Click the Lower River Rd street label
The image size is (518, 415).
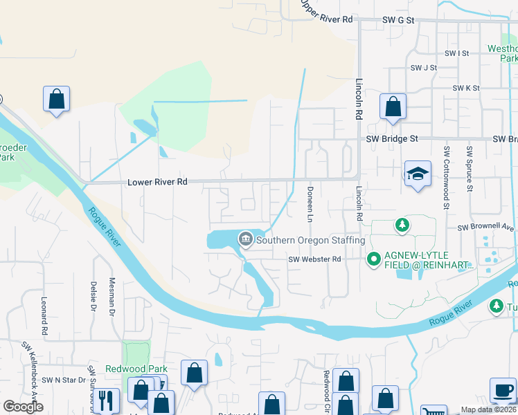click(x=158, y=183)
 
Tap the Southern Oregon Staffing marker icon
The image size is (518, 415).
click(x=245, y=240)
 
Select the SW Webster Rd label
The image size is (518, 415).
click(x=316, y=259)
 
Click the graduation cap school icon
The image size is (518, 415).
click(x=418, y=174)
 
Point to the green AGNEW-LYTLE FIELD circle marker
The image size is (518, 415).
click(x=373, y=259)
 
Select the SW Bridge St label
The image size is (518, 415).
click(x=392, y=139)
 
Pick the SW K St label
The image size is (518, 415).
click(x=466, y=89)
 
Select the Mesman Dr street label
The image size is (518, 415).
click(x=112, y=297)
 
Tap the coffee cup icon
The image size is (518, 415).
click(x=503, y=390)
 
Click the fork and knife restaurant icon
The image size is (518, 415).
click(x=105, y=400)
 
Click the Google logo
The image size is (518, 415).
click(x=24, y=407)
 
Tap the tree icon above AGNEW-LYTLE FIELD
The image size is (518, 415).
click(x=401, y=225)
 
